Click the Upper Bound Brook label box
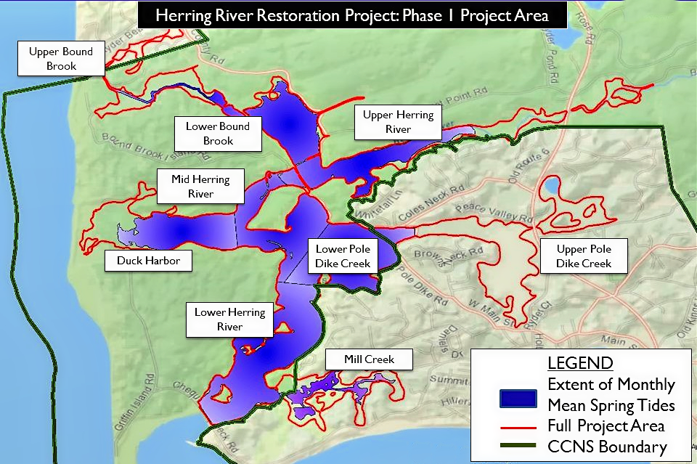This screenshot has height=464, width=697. coord(61,59)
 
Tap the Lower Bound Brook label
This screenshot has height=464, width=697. coord(217,133)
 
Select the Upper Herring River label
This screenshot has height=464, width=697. coord(398,121)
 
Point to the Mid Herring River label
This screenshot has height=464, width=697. coord(200,186)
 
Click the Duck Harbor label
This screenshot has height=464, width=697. coord(148,260)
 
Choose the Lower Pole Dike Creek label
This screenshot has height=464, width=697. coord(343,256)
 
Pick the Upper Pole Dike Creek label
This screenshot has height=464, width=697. coord(583,256)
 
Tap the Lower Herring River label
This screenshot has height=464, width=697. coord(229,319)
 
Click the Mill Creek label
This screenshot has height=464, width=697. coord(369,359)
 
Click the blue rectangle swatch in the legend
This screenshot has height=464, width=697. coord(518,399)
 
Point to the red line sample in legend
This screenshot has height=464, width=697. coord(518,426)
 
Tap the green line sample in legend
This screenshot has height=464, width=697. coord(518,446)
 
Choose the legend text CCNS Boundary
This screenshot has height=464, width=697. coord(607,447)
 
